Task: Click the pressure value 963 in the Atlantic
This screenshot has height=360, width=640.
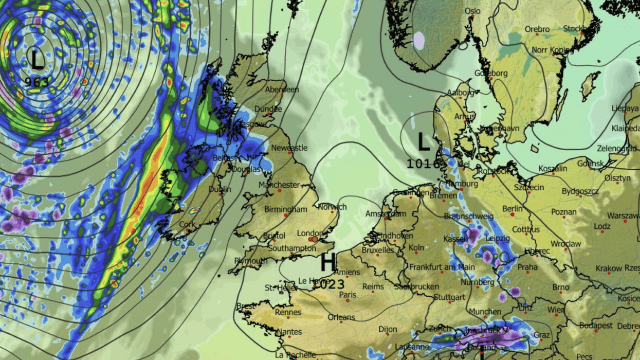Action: (38, 82)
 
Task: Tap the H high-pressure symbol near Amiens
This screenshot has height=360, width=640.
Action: (327, 263)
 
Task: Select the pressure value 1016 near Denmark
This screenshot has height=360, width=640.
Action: (424, 164)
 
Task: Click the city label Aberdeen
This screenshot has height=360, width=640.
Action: (282, 89)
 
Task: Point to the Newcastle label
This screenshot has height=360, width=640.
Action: (289, 148)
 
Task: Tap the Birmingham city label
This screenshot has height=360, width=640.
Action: (285, 209)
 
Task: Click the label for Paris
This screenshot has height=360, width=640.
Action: (348, 295)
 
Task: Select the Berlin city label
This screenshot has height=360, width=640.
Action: (512, 209)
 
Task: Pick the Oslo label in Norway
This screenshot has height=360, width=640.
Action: (472, 11)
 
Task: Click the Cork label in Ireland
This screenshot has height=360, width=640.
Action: (187, 225)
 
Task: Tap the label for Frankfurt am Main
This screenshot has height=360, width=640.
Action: (442, 267)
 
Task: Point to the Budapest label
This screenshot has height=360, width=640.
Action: (596, 326)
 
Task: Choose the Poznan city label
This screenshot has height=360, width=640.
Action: (563, 212)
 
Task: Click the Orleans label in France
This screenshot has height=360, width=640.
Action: (341, 317)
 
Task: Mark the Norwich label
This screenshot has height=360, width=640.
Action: (332, 207)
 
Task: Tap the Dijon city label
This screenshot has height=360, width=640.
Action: (388, 329)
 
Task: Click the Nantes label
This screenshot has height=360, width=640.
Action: (288, 332)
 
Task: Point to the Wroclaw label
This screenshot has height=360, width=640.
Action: (565, 243)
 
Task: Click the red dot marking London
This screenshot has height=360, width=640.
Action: (315, 239)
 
